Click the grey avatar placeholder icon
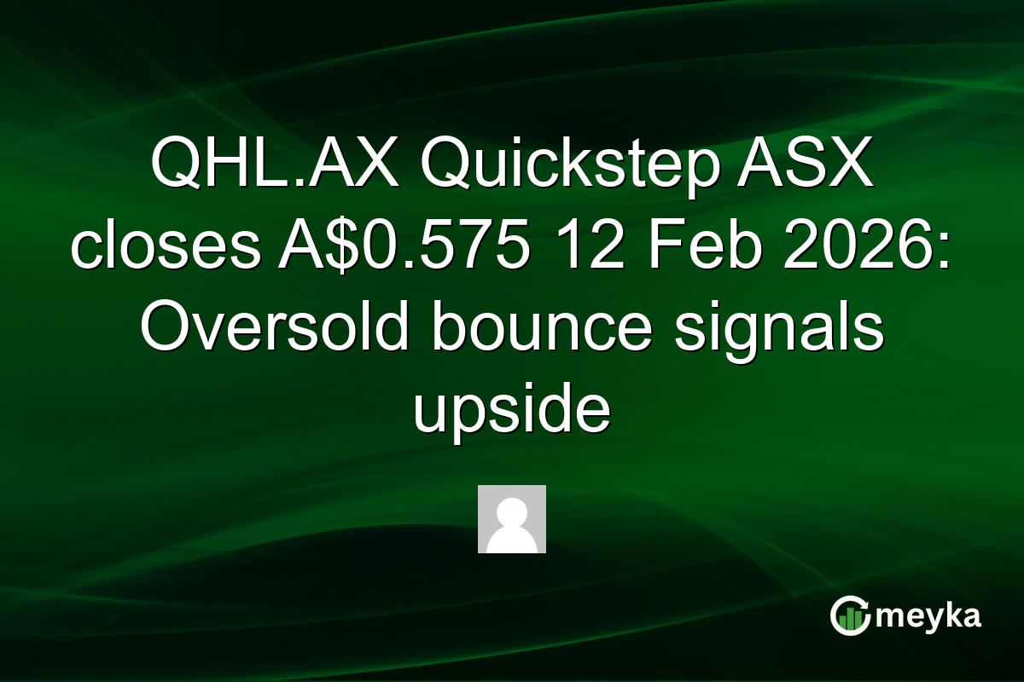click(512, 519)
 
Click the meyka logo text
click(927, 616)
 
